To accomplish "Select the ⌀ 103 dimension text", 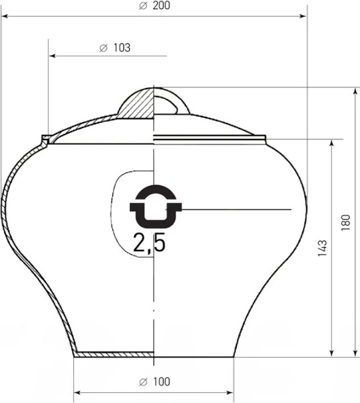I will pos(114,48).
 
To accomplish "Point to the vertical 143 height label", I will pos(322,249).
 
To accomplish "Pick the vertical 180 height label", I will pos(345,222).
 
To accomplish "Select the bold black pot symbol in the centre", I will pos(155,206).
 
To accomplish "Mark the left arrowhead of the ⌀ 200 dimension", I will pos(4,15).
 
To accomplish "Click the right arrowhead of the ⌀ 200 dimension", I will pos(304,15).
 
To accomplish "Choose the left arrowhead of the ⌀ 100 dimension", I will pos(76,392).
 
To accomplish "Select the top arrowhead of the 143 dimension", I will pos(332,144).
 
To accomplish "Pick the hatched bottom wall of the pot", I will pos(114,354).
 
